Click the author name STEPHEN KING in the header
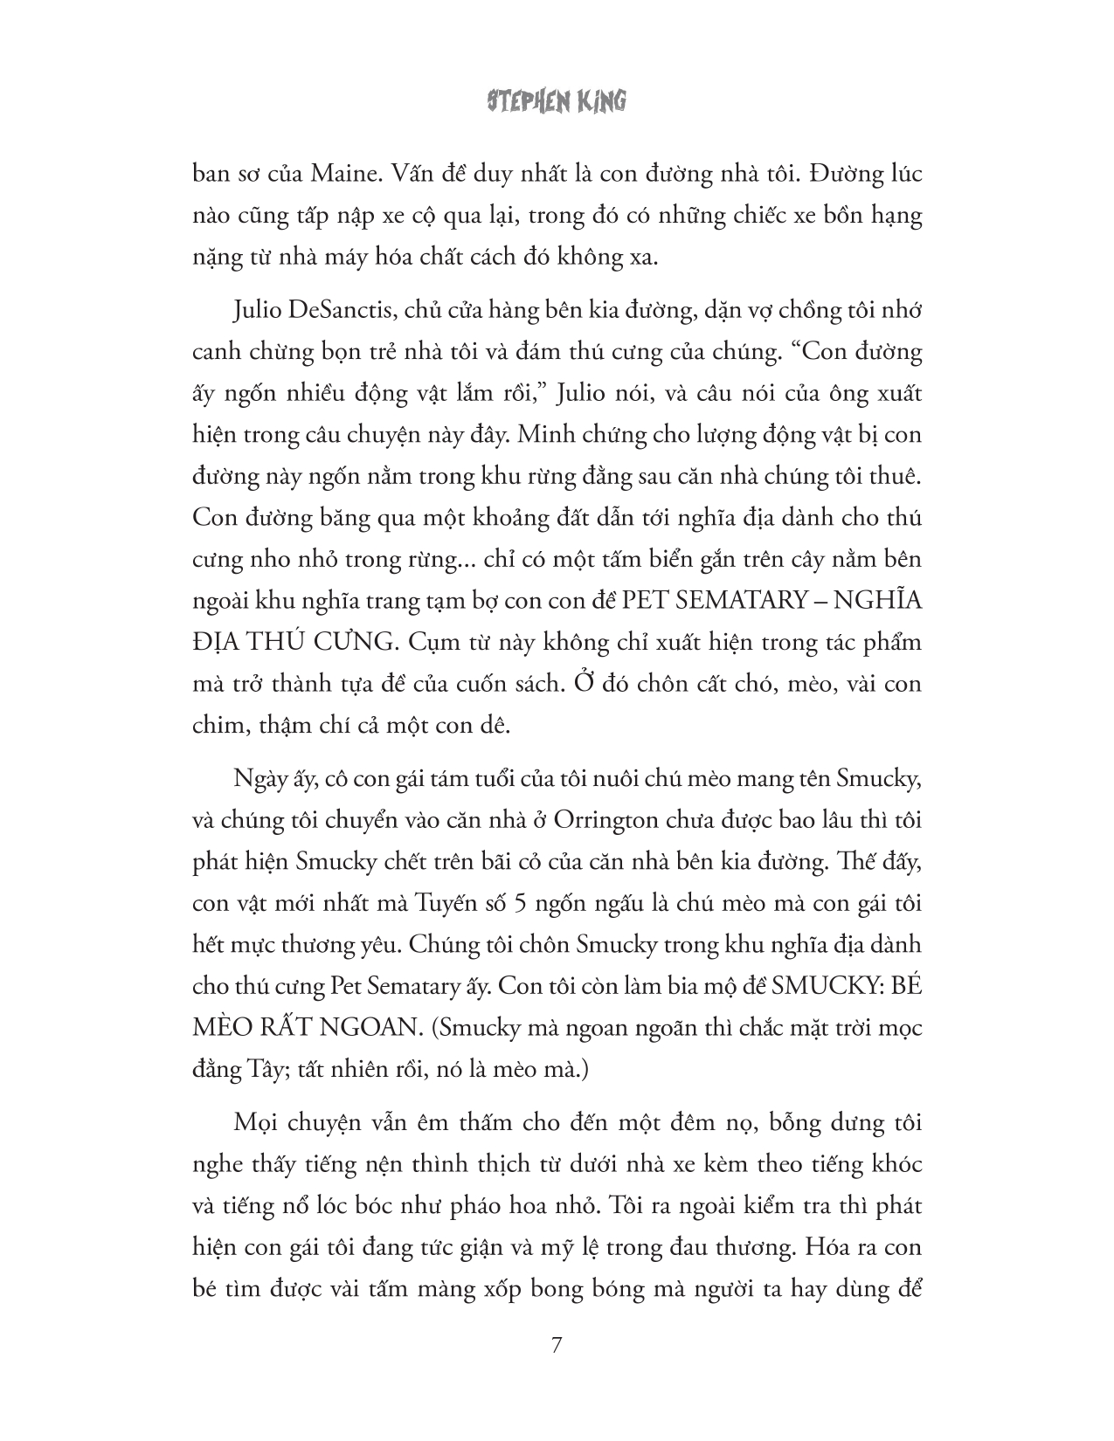pos(557,101)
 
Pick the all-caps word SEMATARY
pos(738,601)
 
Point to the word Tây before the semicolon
pos(259,1069)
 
